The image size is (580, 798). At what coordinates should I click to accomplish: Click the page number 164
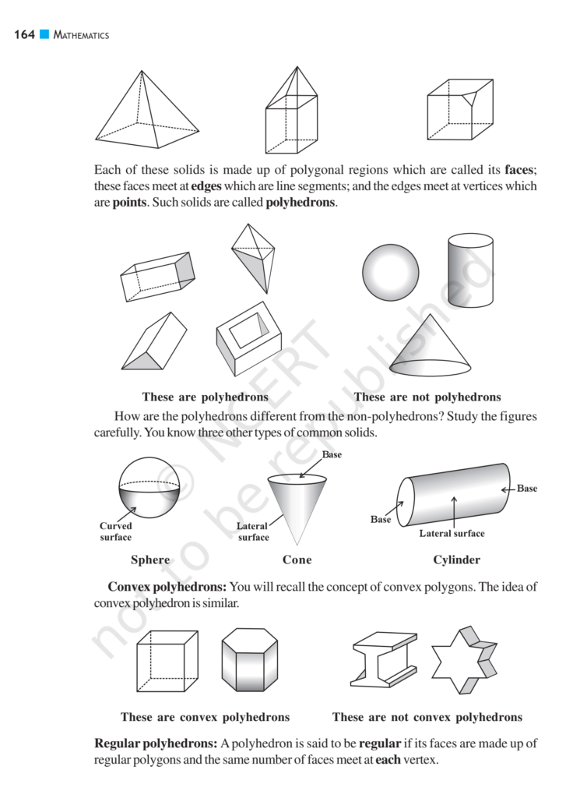click(x=24, y=35)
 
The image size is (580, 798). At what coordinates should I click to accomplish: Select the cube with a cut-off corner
click(x=459, y=110)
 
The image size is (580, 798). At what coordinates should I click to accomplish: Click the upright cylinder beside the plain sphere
click(x=470, y=270)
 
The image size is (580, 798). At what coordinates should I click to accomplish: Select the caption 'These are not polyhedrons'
click(x=427, y=397)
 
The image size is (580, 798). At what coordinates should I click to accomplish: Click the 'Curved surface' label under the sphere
click(x=116, y=531)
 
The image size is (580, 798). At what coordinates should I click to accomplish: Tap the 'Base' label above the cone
click(x=332, y=454)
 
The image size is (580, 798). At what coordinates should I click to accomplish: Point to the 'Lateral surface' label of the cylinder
click(x=452, y=533)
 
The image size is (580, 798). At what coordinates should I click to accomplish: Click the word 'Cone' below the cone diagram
click(x=297, y=560)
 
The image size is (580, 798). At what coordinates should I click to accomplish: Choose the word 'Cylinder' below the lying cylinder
click(x=456, y=560)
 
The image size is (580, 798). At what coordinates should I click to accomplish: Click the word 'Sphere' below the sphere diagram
click(x=150, y=560)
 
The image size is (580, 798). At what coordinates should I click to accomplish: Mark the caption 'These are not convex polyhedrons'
click(x=427, y=717)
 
